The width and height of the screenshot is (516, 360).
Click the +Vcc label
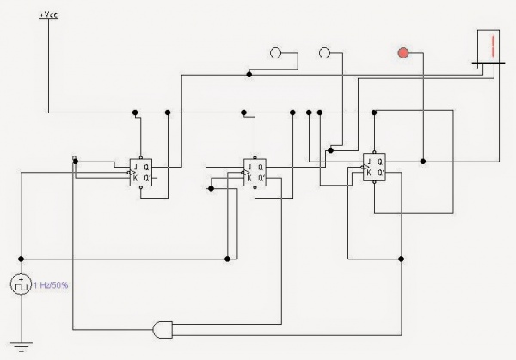tap(49, 15)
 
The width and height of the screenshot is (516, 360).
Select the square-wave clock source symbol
tap(21, 284)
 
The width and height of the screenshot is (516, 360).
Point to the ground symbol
tap(21, 346)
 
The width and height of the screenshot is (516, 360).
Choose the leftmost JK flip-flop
tap(140, 172)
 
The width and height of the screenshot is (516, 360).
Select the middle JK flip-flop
tap(255, 172)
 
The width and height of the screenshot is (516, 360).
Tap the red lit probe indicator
tap(402, 53)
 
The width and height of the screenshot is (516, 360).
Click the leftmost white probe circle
tap(276, 53)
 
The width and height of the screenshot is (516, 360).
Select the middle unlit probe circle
tap(324, 53)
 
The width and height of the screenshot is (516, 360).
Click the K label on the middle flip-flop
tap(249, 179)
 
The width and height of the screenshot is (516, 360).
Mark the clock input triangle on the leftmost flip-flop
tap(132, 172)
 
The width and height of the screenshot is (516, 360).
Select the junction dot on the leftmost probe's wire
tap(249, 75)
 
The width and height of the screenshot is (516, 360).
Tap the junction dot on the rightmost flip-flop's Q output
tap(422, 161)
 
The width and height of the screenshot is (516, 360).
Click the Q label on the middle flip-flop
tap(261, 167)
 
